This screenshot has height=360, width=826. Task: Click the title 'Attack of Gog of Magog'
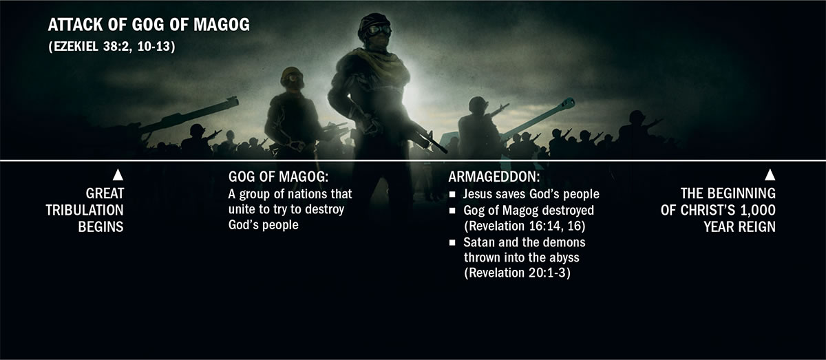click(x=148, y=25)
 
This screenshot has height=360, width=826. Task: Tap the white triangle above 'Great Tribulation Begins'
click(x=117, y=175)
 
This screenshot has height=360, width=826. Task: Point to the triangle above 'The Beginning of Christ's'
click(x=770, y=175)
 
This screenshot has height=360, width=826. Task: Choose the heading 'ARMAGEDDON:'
click(x=485, y=176)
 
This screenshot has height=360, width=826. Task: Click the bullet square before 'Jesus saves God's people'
click(x=452, y=195)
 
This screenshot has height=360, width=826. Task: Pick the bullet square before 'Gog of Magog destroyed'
click(x=452, y=211)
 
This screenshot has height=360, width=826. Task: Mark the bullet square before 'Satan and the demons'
click(x=452, y=243)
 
